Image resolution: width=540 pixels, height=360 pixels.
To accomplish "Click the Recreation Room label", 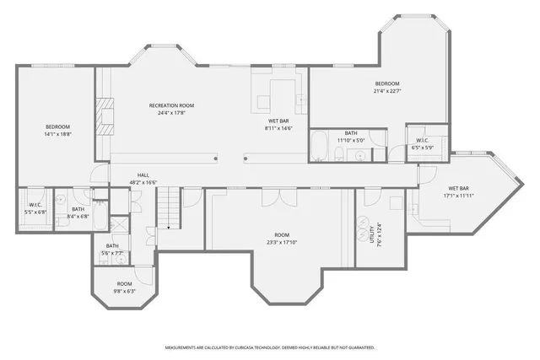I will coord(171,105).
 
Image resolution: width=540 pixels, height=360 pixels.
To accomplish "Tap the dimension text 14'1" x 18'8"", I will coord(58,134).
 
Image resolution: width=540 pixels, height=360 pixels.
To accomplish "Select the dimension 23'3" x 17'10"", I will coord(282,242).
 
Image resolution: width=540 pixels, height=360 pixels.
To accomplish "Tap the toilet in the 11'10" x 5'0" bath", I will coord(337,153).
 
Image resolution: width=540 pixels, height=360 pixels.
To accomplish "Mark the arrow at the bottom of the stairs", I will coord(170,226).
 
